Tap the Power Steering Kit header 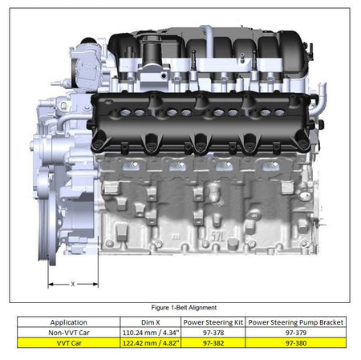point(213,322)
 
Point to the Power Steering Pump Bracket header point(295,322)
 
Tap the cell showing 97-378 point(213,330)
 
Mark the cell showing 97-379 point(295,330)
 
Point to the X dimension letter point(73,284)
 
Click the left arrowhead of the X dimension point(50,284)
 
